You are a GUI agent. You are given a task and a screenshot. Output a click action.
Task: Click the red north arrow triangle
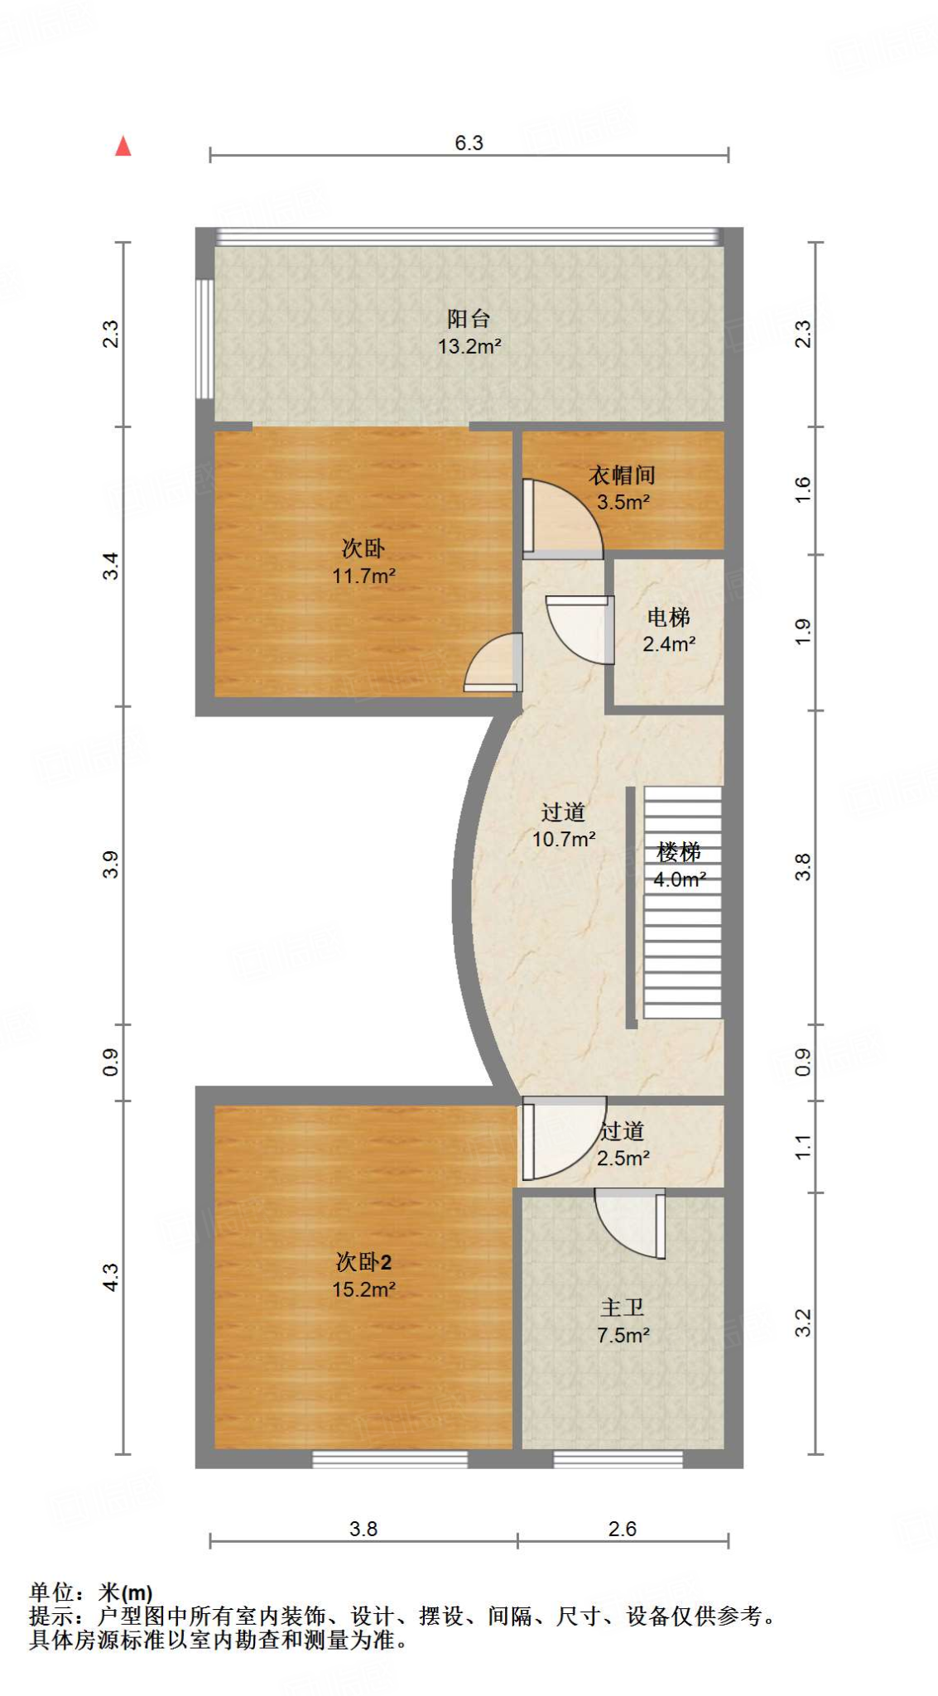pos(123,147)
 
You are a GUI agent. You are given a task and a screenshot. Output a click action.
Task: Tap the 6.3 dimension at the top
pos(469,142)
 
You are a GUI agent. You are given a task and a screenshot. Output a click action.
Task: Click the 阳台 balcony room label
pos(469,318)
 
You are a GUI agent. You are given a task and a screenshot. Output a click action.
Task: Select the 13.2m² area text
pos(469,346)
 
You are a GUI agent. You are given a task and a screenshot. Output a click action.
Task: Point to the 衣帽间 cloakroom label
pos(622,475)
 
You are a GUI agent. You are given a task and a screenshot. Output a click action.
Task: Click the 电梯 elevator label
pos(668,617)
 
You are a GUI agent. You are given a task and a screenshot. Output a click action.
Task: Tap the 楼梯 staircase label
pos(679,851)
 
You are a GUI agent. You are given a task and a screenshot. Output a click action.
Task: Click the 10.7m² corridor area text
pos(563,839)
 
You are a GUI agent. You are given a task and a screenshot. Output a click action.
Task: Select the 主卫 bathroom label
pos(622,1308)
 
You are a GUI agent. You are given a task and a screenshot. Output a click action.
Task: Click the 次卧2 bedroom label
pos(363,1262)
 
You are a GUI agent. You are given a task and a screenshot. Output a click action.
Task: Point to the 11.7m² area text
pos(363,576)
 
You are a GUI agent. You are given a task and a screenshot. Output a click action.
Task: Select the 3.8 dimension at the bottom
pos(363,1529)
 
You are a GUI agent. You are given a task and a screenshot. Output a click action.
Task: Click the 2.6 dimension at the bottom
pos(622,1529)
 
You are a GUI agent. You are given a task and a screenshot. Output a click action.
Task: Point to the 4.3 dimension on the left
pos(111,1277)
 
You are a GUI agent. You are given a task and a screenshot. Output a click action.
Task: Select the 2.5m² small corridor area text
pos(623,1158)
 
